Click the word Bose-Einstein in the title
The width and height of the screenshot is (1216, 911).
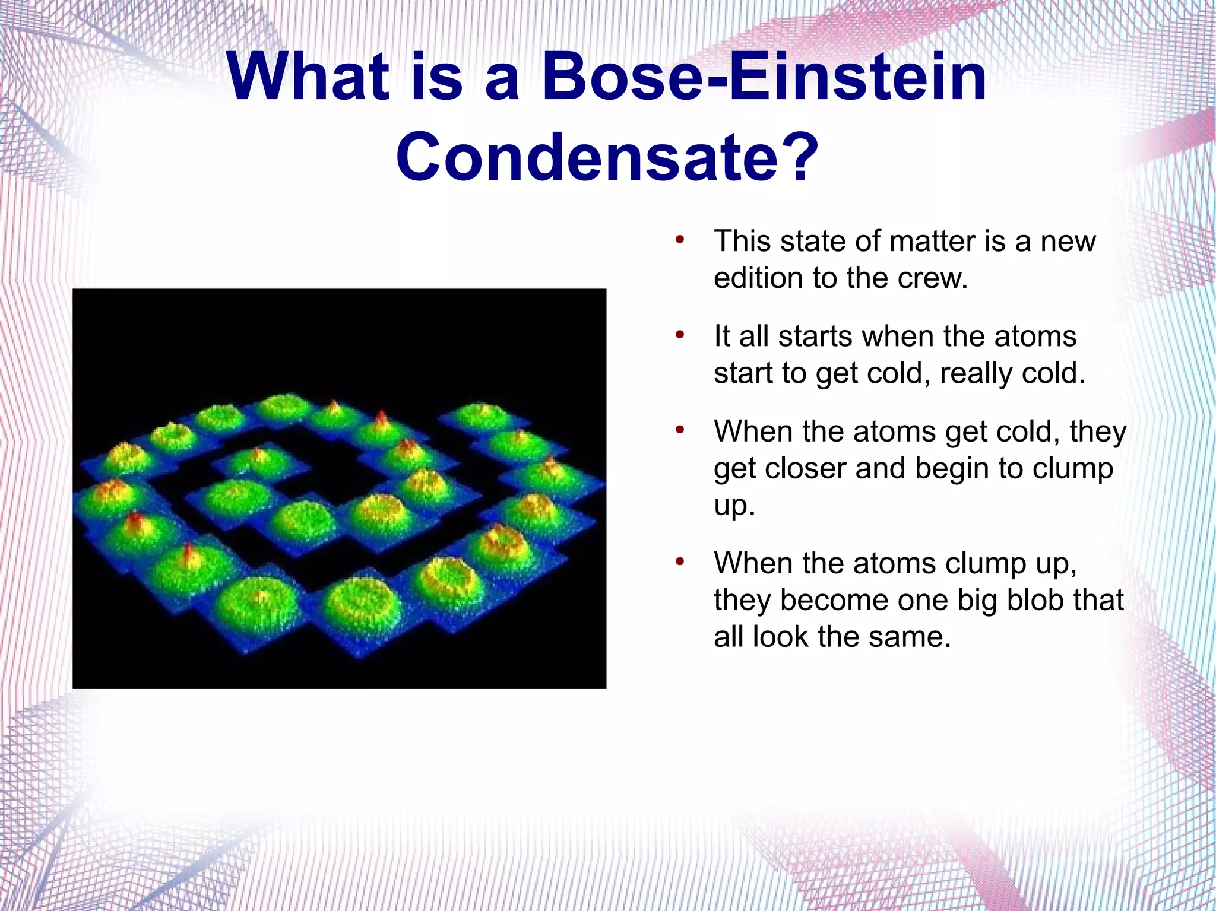pos(764,77)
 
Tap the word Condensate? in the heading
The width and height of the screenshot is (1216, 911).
pos(607,157)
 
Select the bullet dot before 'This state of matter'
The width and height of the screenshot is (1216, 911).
pos(680,240)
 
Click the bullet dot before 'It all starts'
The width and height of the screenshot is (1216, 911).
pos(680,335)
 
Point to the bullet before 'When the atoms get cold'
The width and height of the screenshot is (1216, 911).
pos(680,430)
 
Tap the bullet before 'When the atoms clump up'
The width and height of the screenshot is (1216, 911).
pos(680,562)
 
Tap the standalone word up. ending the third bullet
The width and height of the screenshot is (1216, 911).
pos(734,506)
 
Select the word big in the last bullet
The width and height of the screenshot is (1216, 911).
pos(968,601)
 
